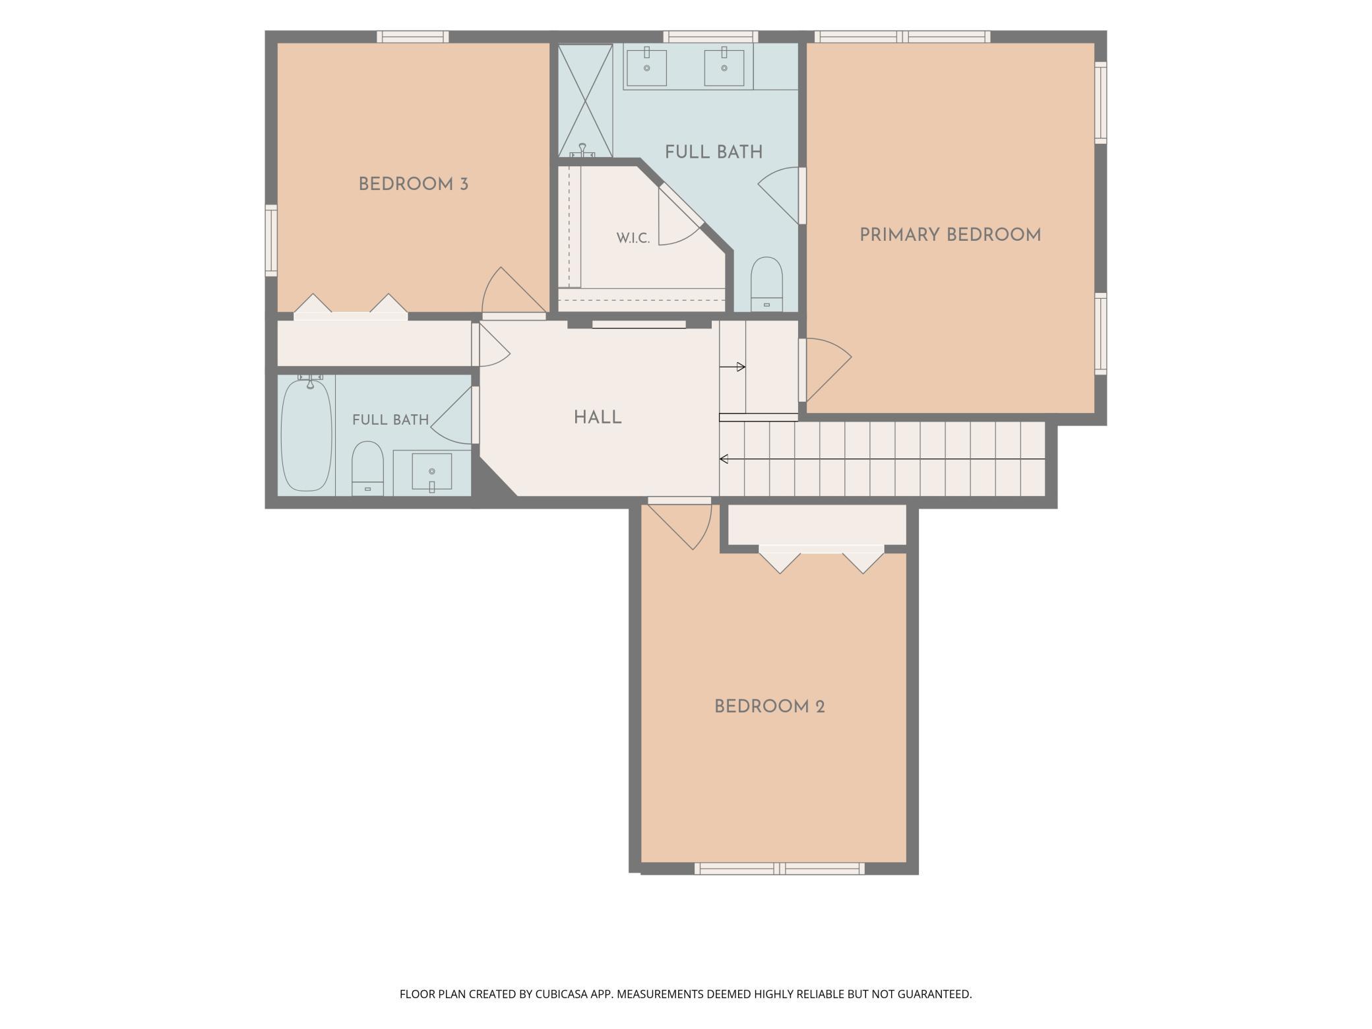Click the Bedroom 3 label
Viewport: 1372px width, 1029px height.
tap(414, 184)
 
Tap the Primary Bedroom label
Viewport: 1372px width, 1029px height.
tap(950, 235)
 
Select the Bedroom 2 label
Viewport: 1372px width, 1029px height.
tap(770, 706)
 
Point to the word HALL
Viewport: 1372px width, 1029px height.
tap(598, 417)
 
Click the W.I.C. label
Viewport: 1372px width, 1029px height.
tap(633, 238)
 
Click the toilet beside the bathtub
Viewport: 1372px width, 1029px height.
tap(367, 468)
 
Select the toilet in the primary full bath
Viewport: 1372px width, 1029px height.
tap(766, 284)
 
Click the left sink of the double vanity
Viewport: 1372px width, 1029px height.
tap(646, 67)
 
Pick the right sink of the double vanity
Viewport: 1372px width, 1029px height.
tap(724, 67)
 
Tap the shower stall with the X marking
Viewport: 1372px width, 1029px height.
tap(585, 100)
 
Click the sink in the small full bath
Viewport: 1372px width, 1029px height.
tap(432, 472)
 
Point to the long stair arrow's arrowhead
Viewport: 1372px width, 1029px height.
tap(724, 458)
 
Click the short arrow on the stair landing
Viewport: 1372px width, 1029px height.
tap(732, 367)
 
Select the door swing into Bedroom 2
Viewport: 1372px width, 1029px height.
tap(679, 524)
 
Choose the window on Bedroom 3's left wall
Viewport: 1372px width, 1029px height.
tap(271, 239)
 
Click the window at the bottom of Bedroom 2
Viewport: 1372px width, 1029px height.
tap(780, 869)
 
